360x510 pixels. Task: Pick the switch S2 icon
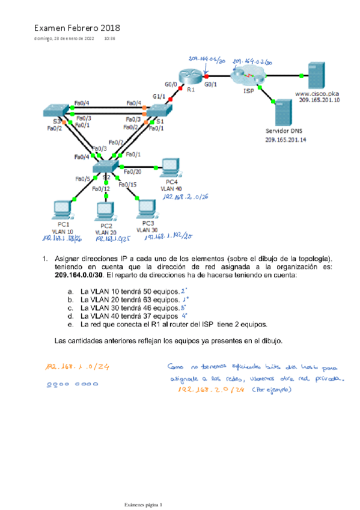point(107,165)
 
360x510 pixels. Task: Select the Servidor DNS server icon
point(281,112)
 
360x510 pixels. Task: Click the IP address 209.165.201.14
point(285,140)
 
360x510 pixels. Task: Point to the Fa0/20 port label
point(132,172)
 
